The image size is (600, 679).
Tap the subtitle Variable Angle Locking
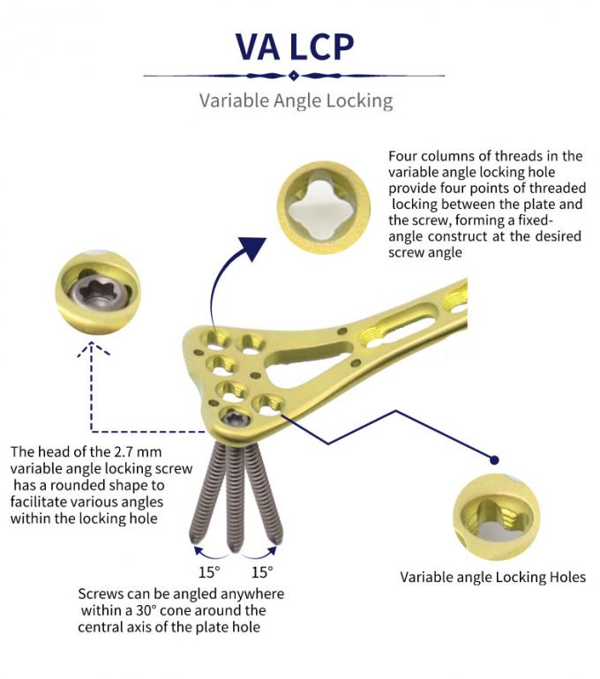[x=296, y=101]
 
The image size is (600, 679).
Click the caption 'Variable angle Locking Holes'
[x=492, y=578]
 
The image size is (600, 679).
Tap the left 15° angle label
[x=207, y=571]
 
